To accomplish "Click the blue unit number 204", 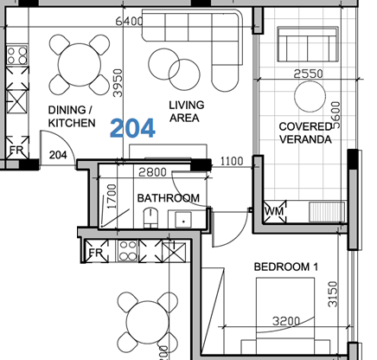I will (132, 129).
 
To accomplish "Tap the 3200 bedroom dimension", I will (286, 321).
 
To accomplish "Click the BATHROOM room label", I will (169, 198).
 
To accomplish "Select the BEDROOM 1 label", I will (285, 267).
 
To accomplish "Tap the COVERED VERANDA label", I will (306, 132).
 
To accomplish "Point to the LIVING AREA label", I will (186, 112).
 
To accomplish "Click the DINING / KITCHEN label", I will (71, 117).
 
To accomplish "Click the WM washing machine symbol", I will (274, 210).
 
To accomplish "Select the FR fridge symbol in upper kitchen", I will (16, 151).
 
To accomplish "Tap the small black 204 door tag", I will (58, 155).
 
